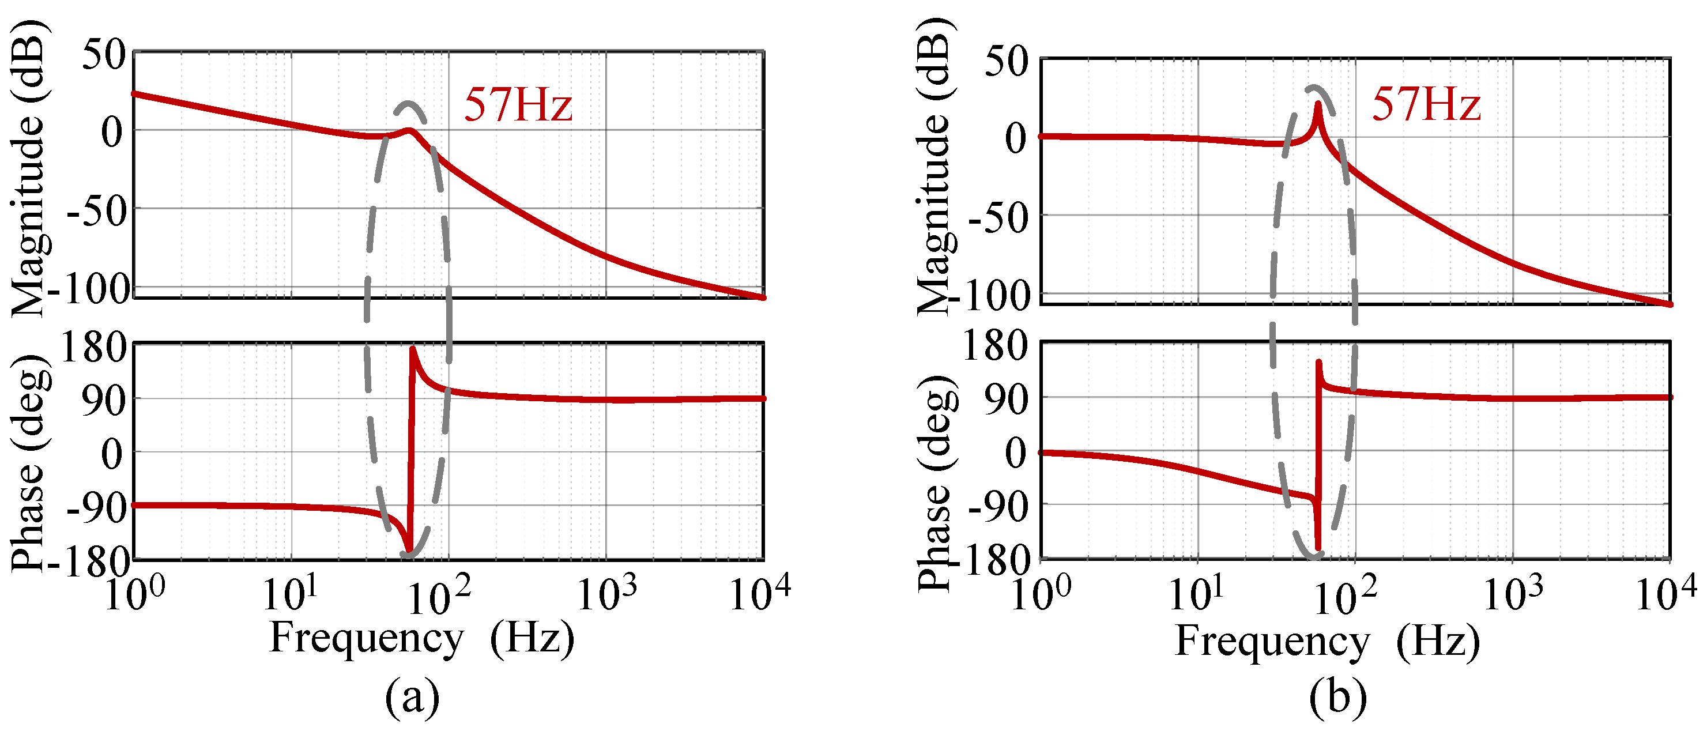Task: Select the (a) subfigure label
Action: point(412,697)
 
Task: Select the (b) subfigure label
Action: point(1337,697)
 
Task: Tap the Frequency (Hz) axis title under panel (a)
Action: point(422,638)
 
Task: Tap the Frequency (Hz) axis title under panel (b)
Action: point(1327,641)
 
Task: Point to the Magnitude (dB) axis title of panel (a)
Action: point(28,169)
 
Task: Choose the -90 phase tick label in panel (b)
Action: point(998,508)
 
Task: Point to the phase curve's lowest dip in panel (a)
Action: point(409,553)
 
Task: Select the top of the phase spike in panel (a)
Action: point(413,349)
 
